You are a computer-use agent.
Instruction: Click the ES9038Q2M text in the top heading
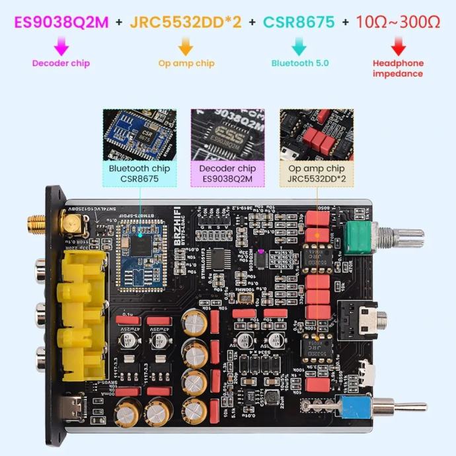pyautogui.click(x=61, y=22)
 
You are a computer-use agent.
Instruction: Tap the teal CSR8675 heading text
pyautogui.click(x=299, y=22)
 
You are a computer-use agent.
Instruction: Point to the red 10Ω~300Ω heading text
pyautogui.click(x=398, y=22)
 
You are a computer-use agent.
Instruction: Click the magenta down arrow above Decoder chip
pyautogui.click(x=61, y=46)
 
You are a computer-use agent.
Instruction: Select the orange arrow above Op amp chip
pyautogui.click(x=186, y=46)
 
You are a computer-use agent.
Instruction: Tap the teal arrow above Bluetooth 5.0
pyautogui.click(x=299, y=46)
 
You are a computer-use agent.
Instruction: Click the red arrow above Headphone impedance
pyautogui.click(x=398, y=46)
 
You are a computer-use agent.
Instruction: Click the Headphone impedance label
pyautogui.click(x=398, y=69)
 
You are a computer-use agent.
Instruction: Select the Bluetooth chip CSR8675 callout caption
pyautogui.click(x=139, y=173)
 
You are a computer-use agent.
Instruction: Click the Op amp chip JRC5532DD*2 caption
pyautogui.click(x=317, y=173)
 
